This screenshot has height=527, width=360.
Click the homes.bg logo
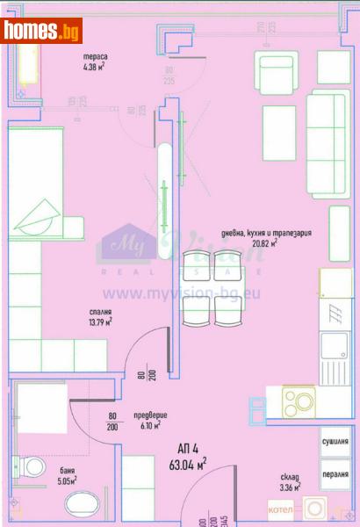pyautogui.click(x=41, y=31)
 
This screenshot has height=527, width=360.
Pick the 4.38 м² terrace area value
pyautogui.click(x=94, y=65)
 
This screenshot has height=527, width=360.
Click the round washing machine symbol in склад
pyautogui.click(x=314, y=509)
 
